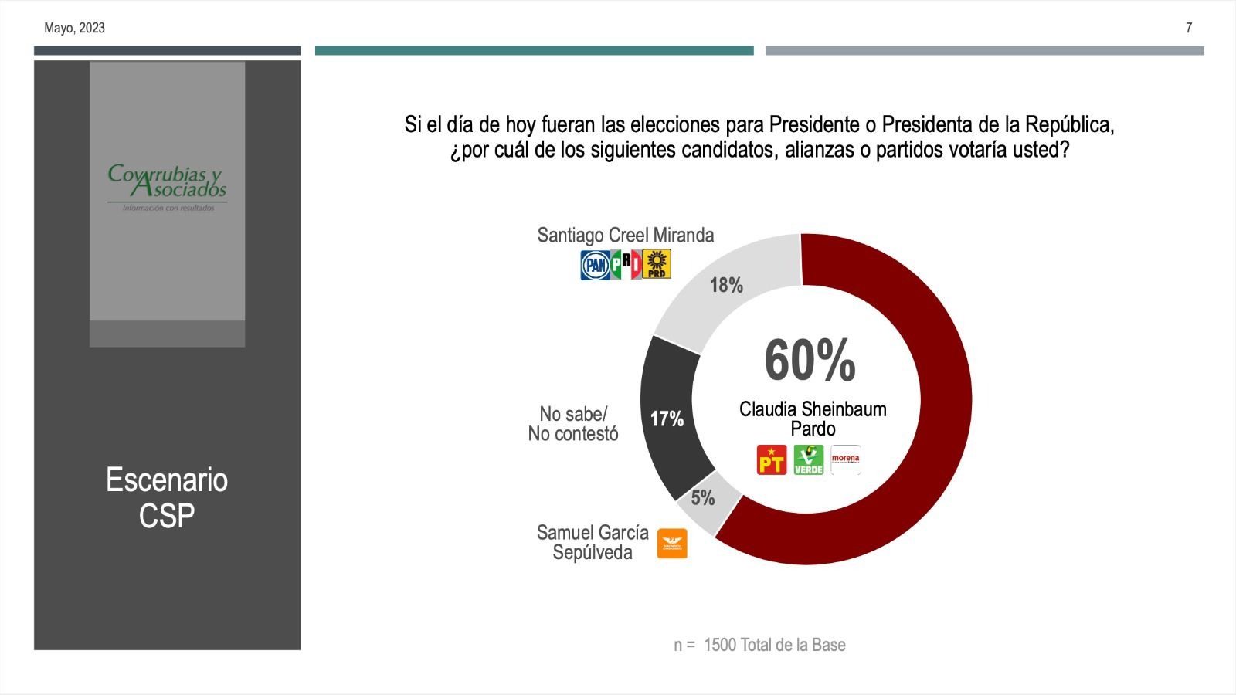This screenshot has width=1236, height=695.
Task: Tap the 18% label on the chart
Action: coord(726,286)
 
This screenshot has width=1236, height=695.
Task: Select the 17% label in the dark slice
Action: coord(667,419)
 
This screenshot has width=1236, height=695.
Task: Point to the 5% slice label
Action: coord(702,498)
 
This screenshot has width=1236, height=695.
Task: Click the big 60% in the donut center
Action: coord(810,361)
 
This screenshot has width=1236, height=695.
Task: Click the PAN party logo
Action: coord(595,265)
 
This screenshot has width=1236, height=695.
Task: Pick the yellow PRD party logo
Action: coord(657,264)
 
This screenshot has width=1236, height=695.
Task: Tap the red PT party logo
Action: coord(771,460)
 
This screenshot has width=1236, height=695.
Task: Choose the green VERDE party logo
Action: coord(809,460)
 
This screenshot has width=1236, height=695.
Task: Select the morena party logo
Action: coord(845,459)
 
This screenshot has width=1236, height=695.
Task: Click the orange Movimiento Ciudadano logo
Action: coord(671,544)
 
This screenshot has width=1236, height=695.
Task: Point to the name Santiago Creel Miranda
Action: coord(625,235)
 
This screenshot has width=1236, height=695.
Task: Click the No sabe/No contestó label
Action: coord(573,424)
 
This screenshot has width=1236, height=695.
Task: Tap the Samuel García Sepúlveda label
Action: coord(593,542)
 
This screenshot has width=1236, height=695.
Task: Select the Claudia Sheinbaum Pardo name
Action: coord(813,419)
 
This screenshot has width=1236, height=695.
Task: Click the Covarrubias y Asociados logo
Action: coord(167,186)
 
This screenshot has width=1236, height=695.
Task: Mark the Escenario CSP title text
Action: coord(167,498)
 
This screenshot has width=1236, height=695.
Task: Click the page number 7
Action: coord(1189,28)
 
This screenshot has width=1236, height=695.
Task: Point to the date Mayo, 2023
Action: coord(74,28)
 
